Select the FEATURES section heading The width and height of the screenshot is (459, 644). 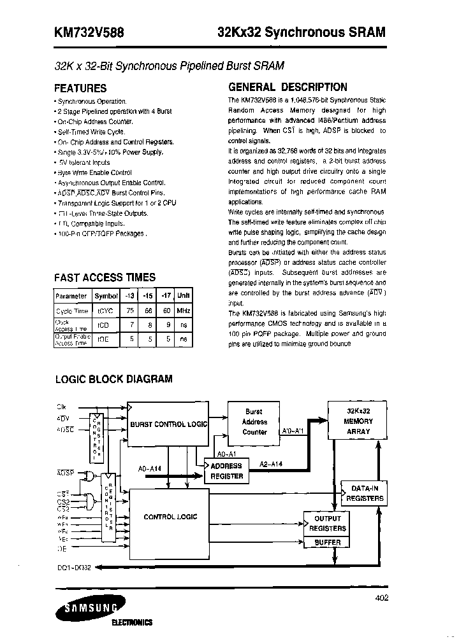coord(80,88)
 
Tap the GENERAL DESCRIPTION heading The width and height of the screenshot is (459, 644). coord(288,87)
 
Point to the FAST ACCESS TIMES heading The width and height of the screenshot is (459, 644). coord(105,277)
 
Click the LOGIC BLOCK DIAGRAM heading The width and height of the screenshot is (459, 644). coord(113,379)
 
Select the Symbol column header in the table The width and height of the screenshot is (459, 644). coord(106,296)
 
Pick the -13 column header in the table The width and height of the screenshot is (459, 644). coord(130,296)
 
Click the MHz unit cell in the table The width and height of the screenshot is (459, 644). coord(184,311)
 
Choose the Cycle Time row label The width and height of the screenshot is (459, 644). coord(72,311)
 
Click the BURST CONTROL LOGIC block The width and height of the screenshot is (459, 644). coord(168,424)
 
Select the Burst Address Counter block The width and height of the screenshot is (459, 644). coord(254,421)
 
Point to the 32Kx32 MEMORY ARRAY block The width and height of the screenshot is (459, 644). coord(357,421)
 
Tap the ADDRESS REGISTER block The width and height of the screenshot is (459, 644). coord(227,471)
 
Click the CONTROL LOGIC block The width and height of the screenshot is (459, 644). coord(170,517)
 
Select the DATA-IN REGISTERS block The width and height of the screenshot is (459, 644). coord(363,493)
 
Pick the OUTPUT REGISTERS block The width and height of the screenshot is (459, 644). coord(328,523)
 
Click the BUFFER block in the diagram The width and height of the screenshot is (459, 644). coord(328,542)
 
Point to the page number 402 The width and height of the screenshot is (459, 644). coord(382,598)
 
